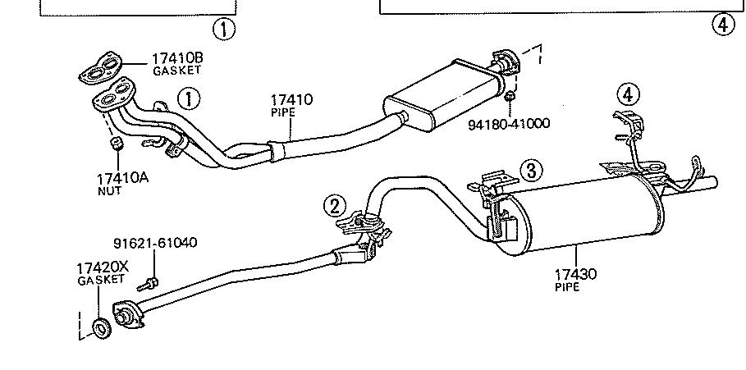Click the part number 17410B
click(x=176, y=58)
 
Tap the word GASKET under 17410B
click(x=176, y=71)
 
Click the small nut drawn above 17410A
click(x=117, y=144)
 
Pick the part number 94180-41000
click(x=508, y=124)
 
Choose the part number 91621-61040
click(x=154, y=243)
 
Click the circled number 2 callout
click(x=335, y=206)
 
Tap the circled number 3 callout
click(x=531, y=171)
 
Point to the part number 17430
click(x=574, y=274)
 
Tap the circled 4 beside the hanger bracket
click(x=627, y=94)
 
